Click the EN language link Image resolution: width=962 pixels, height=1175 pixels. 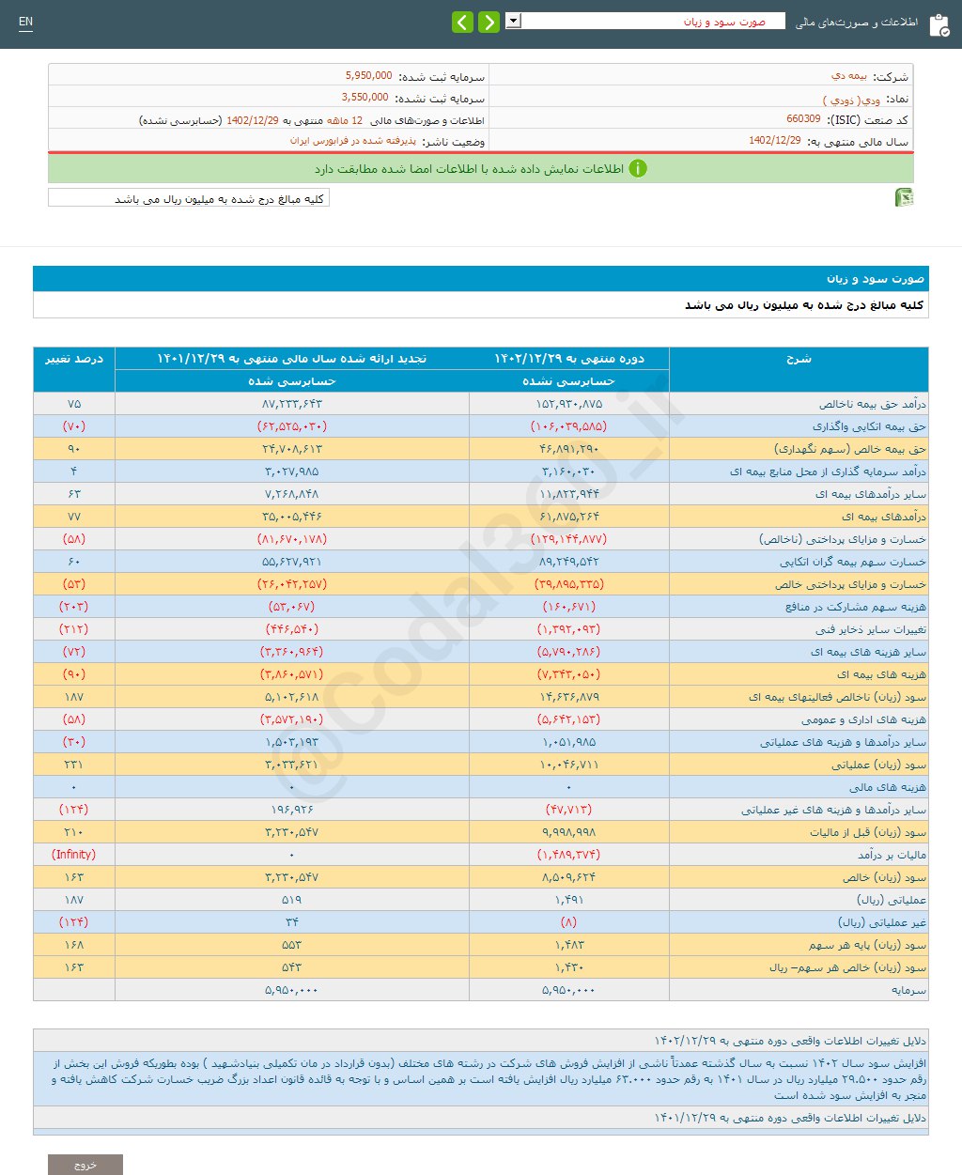[x=25, y=22]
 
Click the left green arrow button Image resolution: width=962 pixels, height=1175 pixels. [x=462, y=22]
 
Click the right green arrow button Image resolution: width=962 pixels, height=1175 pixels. [x=489, y=22]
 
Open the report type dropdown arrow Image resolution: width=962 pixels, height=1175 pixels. [x=513, y=21]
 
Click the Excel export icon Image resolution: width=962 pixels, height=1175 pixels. [x=904, y=197]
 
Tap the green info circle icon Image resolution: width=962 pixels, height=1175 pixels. [x=638, y=169]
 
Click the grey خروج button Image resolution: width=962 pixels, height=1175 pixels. [x=85, y=1165]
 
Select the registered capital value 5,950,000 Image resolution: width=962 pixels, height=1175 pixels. [x=368, y=76]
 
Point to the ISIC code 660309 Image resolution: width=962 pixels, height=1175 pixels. [x=803, y=119]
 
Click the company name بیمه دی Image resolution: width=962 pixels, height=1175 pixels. [x=849, y=76]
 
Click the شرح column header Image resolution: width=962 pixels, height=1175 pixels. [x=799, y=359]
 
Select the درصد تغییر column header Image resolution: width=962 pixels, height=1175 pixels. [x=74, y=359]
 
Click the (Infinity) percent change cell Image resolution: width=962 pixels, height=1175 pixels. [x=74, y=855]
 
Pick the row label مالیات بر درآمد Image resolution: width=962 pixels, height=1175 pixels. [x=892, y=855]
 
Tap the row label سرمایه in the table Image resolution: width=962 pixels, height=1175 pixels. [x=908, y=990]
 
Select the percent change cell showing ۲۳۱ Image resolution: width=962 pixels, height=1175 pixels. [x=74, y=765]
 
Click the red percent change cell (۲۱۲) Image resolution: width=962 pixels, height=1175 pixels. [x=74, y=629]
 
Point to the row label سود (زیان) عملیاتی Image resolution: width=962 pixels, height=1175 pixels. [x=878, y=765]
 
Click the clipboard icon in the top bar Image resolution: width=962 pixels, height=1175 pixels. [x=939, y=25]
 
